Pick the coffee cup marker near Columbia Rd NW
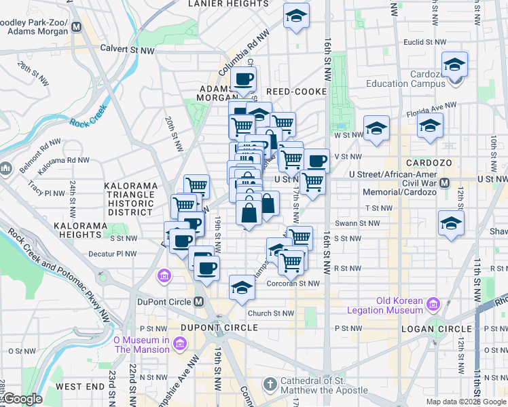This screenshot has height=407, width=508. coord(244,78)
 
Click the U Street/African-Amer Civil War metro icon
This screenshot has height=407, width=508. coord(446,183)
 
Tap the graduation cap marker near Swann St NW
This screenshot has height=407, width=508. coord(451,224)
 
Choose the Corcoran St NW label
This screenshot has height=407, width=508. coord(293,284)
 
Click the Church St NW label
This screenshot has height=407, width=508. coord(271,313)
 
